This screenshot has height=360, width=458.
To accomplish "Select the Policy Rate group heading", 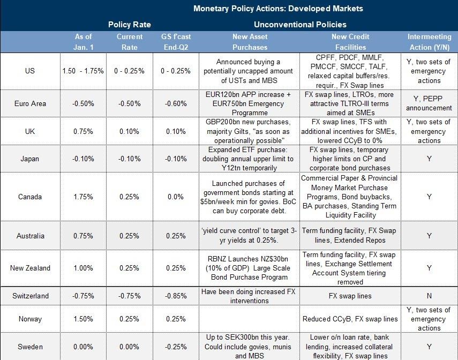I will [x=129, y=25].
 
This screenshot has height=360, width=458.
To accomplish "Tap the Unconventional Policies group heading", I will [x=299, y=25].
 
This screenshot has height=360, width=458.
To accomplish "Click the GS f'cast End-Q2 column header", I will [x=175, y=41].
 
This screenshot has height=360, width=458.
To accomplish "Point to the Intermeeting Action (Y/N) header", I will [x=429, y=41].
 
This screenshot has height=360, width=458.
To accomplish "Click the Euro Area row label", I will [x=30, y=103].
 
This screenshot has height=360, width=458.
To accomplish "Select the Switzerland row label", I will [x=30, y=296].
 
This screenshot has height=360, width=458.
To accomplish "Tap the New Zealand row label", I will [x=30, y=268].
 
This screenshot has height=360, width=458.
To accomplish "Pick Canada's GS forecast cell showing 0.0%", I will [x=175, y=197].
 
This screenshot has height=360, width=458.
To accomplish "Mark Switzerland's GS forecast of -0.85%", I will [x=175, y=296].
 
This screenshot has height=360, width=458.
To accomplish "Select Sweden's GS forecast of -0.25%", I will [x=175, y=347].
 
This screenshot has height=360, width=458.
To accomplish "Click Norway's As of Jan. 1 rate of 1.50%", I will [x=82, y=319].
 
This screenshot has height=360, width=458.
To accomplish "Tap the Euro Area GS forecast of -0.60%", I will [x=175, y=103].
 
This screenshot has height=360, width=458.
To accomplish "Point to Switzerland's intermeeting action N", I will [x=429, y=296].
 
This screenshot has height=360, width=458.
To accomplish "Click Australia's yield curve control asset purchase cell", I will [x=250, y=236].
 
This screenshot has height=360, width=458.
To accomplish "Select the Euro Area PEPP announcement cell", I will [x=429, y=103].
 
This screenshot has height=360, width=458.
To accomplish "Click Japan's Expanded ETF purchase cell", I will [x=250, y=158].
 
